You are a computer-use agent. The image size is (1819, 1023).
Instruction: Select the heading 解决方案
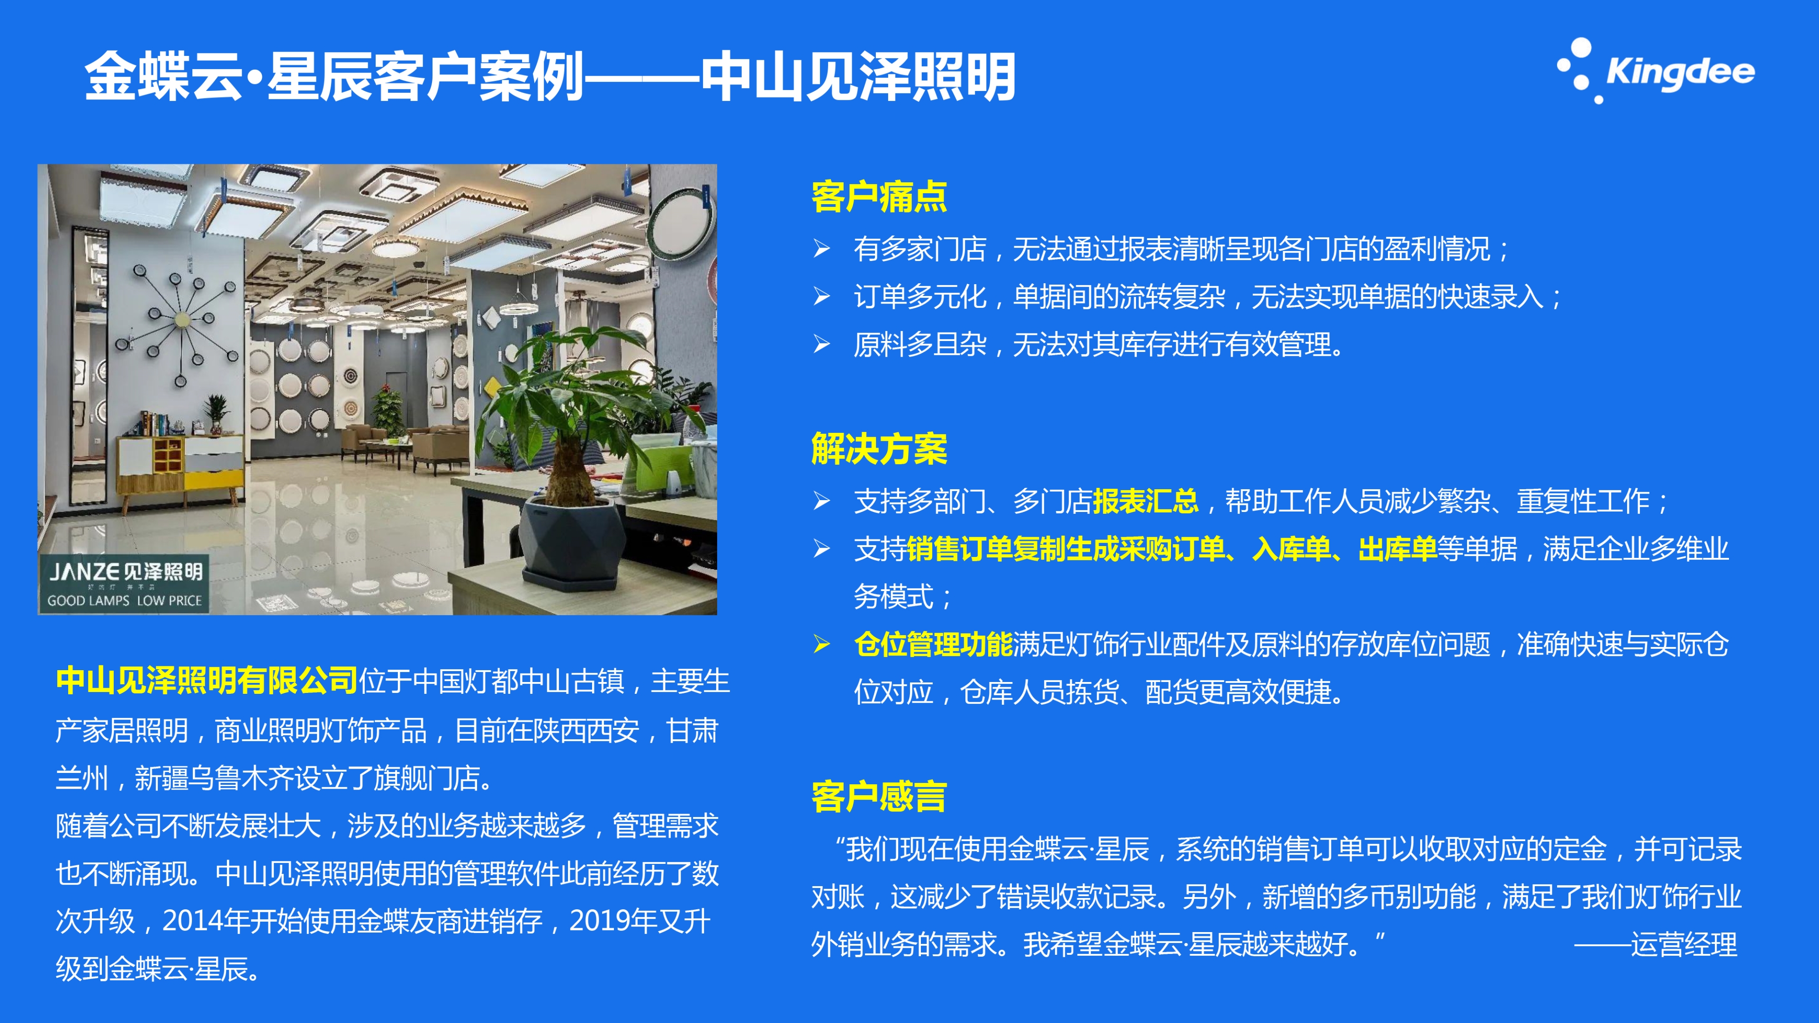pyautogui.click(x=879, y=449)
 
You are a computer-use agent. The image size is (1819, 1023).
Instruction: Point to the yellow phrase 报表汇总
pyautogui.click(x=1145, y=501)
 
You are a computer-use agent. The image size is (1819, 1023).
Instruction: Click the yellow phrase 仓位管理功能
pyautogui.click(x=934, y=645)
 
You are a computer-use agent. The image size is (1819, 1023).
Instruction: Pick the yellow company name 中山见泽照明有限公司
pyautogui.click(x=207, y=681)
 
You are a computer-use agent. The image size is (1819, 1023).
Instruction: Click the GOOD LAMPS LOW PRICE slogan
pyautogui.click(x=124, y=601)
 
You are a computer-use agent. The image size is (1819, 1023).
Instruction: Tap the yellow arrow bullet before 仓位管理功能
pyautogui.click(x=821, y=645)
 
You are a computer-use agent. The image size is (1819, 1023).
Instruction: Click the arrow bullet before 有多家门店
pyautogui.click(x=821, y=249)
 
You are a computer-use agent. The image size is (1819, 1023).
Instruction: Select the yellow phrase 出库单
pyautogui.click(x=1397, y=548)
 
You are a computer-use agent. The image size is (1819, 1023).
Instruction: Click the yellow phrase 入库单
pyautogui.click(x=1291, y=548)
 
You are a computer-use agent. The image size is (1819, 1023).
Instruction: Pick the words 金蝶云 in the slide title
pyautogui.click(x=164, y=76)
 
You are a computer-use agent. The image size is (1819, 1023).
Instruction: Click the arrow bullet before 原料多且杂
pyautogui.click(x=821, y=344)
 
